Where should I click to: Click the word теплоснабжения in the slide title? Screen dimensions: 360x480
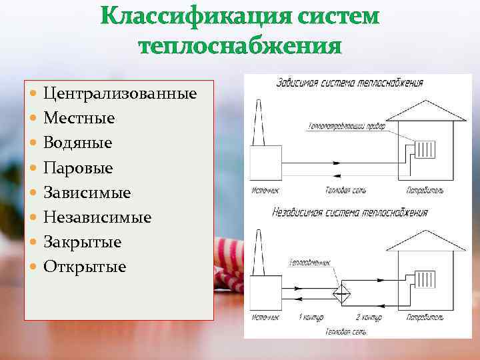pos(240,47)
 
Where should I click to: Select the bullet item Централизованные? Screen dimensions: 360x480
pos(120,93)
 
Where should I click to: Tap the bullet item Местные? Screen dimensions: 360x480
pos(79,118)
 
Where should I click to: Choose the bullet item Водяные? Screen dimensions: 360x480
pos(77,143)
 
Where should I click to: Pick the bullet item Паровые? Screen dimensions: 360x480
pos(78,168)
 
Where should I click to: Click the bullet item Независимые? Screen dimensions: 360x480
pos(97,217)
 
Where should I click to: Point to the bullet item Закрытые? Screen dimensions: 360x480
pos(82,242)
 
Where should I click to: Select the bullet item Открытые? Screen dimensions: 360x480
pos(85,267)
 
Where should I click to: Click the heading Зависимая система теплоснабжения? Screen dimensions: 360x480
pos(349,84)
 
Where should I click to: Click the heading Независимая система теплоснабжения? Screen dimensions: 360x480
pos(350,213)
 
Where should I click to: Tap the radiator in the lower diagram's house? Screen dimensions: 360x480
pos(425,278)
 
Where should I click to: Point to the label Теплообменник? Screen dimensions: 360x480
pos(310,263)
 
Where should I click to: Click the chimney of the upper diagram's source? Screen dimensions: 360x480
pos(259,123)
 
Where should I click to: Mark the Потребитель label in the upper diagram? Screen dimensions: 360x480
pos(425,191)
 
